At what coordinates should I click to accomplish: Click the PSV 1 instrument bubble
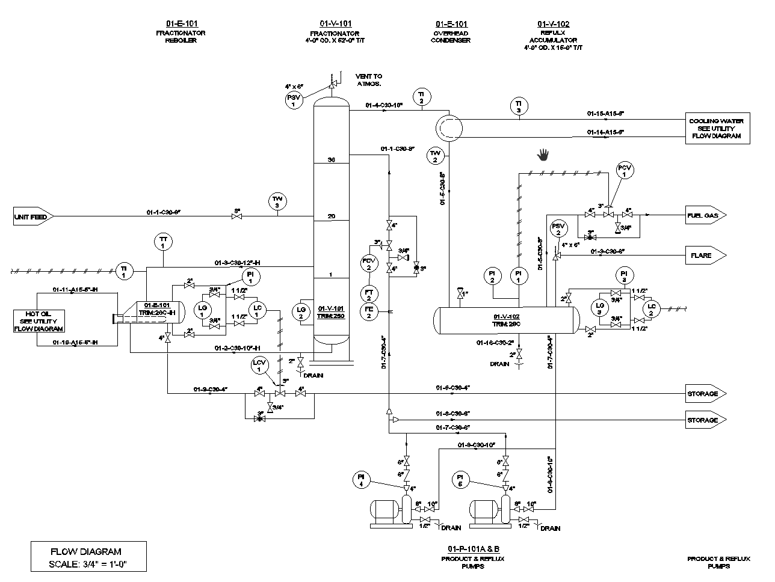293,100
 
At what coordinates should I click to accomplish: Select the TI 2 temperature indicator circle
421,97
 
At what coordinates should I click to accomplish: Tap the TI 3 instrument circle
518,106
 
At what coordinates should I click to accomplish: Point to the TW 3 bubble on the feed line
277,201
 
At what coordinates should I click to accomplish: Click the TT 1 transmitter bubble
162,242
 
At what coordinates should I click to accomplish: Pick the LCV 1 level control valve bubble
261,365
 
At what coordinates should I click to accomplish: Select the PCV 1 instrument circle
625,170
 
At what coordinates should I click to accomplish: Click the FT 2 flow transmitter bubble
369,294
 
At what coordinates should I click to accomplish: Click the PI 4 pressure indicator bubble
361,479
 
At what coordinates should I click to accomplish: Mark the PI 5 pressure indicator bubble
462,479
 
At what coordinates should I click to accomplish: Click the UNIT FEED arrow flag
34,216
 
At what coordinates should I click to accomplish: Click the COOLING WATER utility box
716,129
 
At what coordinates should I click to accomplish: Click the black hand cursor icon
543,155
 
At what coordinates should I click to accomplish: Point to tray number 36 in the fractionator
331,159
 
